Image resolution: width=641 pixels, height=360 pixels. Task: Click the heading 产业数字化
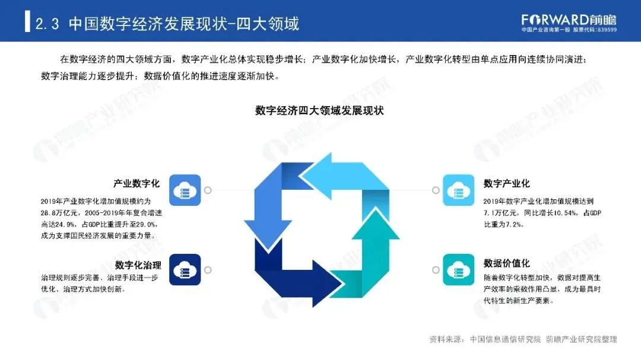click(135, 183)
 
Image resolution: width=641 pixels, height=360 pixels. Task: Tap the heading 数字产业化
click(506, 183)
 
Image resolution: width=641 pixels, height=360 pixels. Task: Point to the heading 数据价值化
click(506, 263)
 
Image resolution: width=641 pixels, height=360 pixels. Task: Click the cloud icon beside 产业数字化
click(185, 190)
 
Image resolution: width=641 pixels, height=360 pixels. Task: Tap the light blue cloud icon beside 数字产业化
click(458, 190)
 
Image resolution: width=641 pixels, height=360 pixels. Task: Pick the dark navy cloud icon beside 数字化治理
click(185, 270)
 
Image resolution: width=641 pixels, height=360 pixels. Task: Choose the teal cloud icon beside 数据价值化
click(458, 270)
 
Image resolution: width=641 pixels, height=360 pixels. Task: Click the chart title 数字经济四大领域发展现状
click(320, 110)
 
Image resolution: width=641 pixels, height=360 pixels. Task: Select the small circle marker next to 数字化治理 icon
click(208, 270)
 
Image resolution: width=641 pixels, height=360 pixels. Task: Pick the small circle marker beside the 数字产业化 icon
click(436, 190)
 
